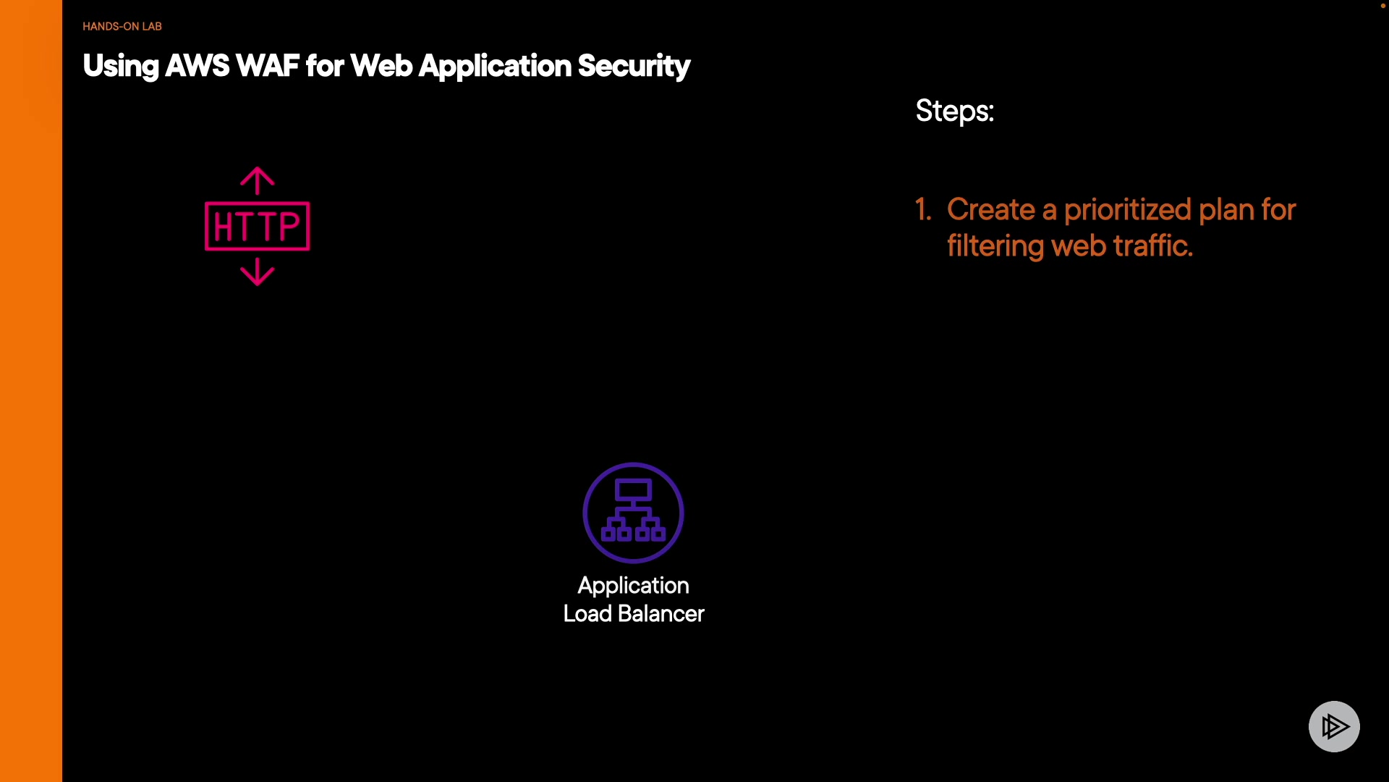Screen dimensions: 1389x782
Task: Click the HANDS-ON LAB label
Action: point(122,26)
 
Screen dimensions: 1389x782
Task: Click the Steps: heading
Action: point(955,112)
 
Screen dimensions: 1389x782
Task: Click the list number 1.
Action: point(923,210)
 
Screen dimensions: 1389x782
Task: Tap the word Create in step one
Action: point(991,210)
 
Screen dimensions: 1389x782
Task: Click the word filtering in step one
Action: point(995,247)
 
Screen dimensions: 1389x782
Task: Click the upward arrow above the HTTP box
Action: point(258,181)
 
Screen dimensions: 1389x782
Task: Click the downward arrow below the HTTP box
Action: point(258,272)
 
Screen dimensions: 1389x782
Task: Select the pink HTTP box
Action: point(258,226)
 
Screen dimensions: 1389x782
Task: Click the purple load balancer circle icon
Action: point(633,513)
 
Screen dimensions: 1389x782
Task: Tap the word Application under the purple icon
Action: point(633,586)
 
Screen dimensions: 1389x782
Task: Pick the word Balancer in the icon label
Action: point(661,614)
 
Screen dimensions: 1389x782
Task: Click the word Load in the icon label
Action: point(587,614)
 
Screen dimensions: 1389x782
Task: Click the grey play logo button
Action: point(1334,726)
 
